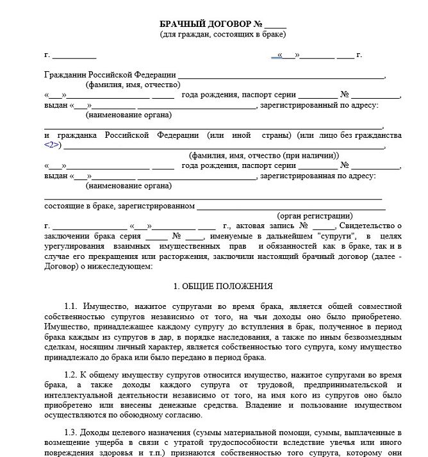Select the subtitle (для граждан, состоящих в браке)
[x=223, y=34]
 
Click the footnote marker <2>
[x=53, y=145]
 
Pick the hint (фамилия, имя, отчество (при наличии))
[x=264, y=156]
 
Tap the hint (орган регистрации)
[x=315, y=216]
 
